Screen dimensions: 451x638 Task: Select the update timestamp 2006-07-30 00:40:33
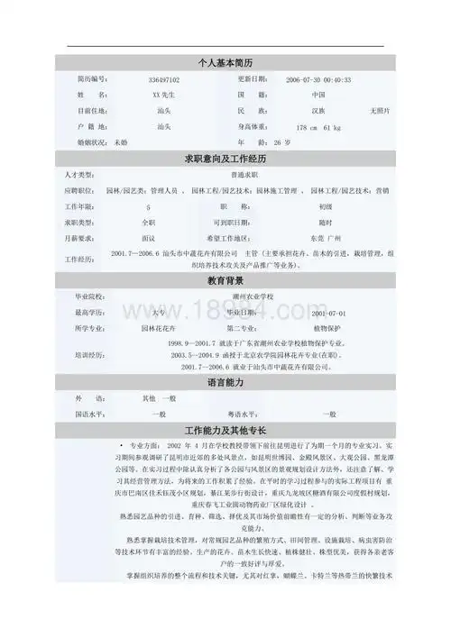click(x=318, y=80)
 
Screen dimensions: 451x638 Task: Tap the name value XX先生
click(x=163, y=95)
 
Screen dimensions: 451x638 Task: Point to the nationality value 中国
click(x=318, y=95)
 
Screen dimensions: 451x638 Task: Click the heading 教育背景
click(x=225, y=280)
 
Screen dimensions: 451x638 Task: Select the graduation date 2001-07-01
click(x=322, y=313)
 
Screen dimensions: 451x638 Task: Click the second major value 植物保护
click(x=322, y=328)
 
